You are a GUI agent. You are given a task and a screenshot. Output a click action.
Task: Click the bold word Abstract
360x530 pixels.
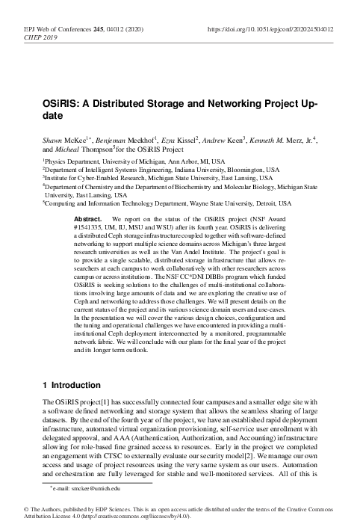pyautogui.click(x=89, y=218)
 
